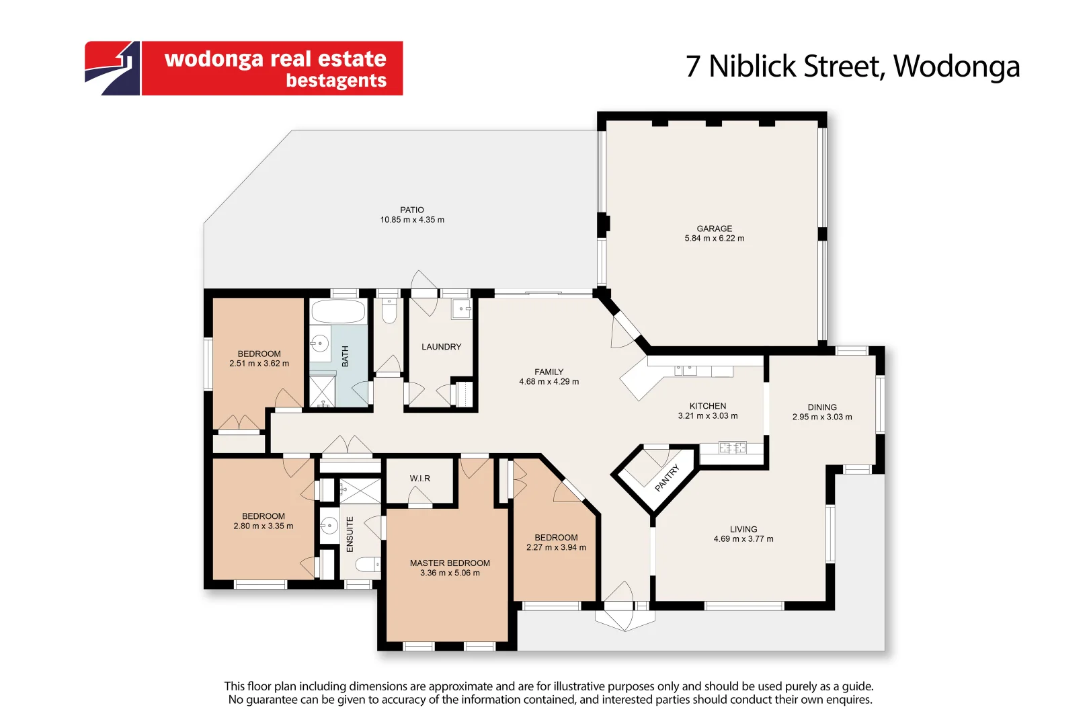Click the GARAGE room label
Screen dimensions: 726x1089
coord(714,229)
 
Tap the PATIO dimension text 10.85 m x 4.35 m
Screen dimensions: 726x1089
coord(412,220)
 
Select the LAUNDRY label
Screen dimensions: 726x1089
coord(441,347)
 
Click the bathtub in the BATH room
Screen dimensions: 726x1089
coord(338,312)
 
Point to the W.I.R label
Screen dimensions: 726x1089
coord(420,479)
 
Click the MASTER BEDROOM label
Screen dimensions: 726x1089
coord(450,563)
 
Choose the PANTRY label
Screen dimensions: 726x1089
coord(668,478)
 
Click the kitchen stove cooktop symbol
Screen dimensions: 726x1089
coord(733,447)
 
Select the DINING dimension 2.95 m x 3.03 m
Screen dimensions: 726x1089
coord(821,417)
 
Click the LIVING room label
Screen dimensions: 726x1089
coord(743,529)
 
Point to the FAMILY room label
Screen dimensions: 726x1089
coord(549,372)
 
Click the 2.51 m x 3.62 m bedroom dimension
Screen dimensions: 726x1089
coord(259,364)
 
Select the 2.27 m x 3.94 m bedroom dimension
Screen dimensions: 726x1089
coord(556,547)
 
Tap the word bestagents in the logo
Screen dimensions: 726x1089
coord(336,81)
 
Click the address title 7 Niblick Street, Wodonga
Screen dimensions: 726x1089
coord(852,66)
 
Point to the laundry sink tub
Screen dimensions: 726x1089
coord(462,309)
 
